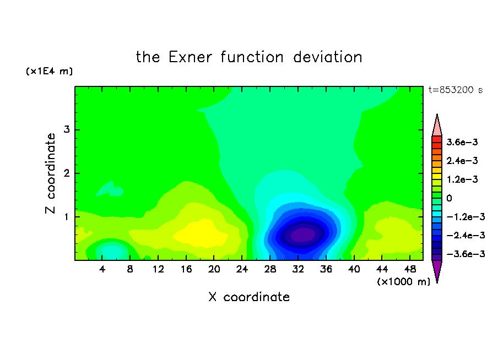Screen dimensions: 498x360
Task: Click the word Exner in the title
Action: point(190,57)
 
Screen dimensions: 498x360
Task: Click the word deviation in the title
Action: point(327,57)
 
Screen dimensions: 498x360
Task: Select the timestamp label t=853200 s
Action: point(456,90)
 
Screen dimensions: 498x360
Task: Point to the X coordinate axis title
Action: point(249,297)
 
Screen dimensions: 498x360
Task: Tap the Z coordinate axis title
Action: point(50,173)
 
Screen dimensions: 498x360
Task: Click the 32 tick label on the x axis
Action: point(298,270)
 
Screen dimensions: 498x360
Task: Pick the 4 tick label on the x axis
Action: point(102,270)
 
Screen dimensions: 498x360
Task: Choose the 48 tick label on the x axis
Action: point(410,270)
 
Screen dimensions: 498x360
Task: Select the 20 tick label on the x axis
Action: point(214,270)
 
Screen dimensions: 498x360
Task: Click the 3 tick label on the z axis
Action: point(67,129)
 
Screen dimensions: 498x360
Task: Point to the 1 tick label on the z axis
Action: point(67,217)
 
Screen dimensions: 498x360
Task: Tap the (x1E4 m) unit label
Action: point(49,71)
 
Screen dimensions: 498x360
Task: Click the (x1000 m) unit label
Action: point(403,282)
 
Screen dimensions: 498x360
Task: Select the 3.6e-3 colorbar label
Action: point(462,142)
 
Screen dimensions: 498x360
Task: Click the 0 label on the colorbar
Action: point(449,198)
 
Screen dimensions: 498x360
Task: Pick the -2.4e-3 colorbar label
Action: point(465,236)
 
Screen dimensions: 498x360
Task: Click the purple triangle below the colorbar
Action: point(437,270)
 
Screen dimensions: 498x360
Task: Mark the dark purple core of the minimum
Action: point(302,235)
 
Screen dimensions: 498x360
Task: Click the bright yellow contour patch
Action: point(201,234)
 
